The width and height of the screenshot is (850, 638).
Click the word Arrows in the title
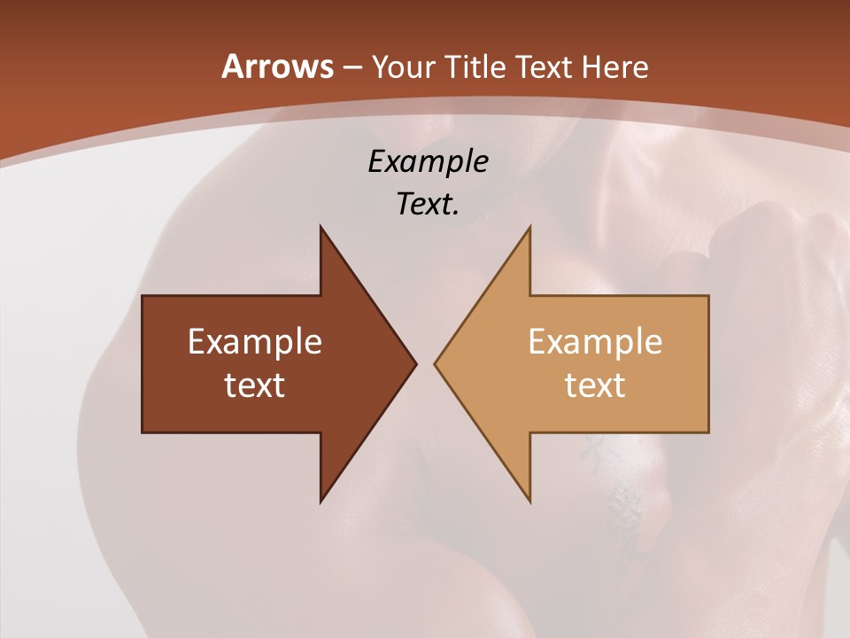tap(276, 66)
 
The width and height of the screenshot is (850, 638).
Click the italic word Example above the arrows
tap(428, 161)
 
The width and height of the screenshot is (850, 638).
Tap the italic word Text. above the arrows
tap(428, 204)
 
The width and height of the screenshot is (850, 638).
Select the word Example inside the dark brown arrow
tap(255, 341)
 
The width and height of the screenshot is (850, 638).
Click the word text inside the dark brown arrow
tap(255, 385)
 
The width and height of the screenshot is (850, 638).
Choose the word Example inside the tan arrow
tap(595, 341)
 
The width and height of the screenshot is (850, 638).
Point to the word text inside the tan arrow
tap(595, 385)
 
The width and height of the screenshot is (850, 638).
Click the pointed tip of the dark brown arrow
tap(415, 363)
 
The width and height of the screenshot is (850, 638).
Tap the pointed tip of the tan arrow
tap(435, 363)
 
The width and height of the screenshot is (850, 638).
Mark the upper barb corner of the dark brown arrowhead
tap(321, 227)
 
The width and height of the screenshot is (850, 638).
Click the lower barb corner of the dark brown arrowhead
tap(321, 502)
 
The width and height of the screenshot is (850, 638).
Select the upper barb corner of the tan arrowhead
tap(529, 227)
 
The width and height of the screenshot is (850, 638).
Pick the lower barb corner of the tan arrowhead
tap(529, 502)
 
